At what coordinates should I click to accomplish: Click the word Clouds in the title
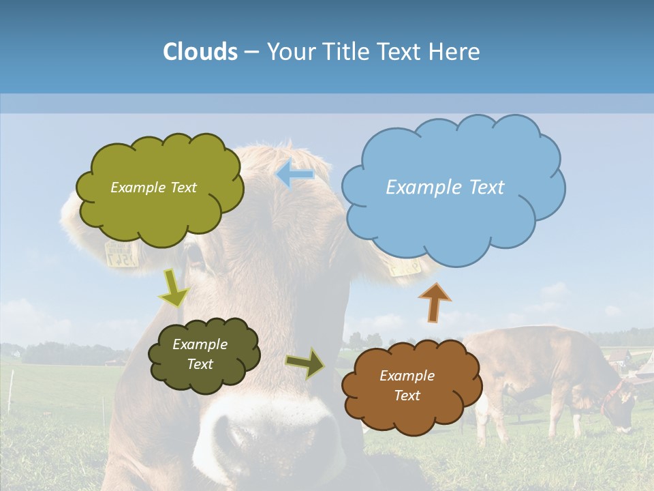[x=200, y=52]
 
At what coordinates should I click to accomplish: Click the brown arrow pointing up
[x=435, y=302]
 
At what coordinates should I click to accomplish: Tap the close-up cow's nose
[x=272, y=436]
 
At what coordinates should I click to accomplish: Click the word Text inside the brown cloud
[x=407, y=396]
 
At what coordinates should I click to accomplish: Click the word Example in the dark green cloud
[x=200, y=344]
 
